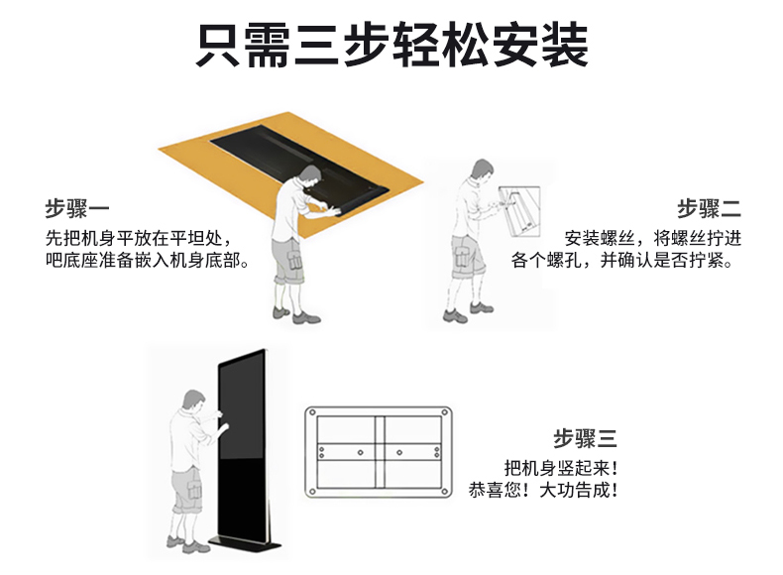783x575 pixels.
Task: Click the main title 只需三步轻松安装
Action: tap(392, 46)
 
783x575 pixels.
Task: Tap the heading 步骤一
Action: tap(77, 208)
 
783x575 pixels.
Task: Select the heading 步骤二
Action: tap(709, 208)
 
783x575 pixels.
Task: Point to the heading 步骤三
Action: tap(585, 438)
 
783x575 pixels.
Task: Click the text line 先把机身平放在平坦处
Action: tap(139, 238)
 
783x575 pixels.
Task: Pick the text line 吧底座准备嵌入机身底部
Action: tap(148, 260)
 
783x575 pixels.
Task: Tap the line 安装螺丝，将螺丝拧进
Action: tap(653, 238)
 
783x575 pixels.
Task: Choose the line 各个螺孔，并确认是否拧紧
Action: tap(621, 260)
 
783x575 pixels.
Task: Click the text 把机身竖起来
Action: tap(561, 468)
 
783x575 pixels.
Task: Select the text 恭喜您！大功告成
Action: tap(543, 490)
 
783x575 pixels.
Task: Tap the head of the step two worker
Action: tap(483, 171)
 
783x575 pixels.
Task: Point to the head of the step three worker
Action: tap(194, 401)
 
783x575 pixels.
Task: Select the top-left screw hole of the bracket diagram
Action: tap(312, 412)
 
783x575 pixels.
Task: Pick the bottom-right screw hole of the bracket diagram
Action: tap(444, 492)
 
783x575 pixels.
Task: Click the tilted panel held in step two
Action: tap(519, 212)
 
